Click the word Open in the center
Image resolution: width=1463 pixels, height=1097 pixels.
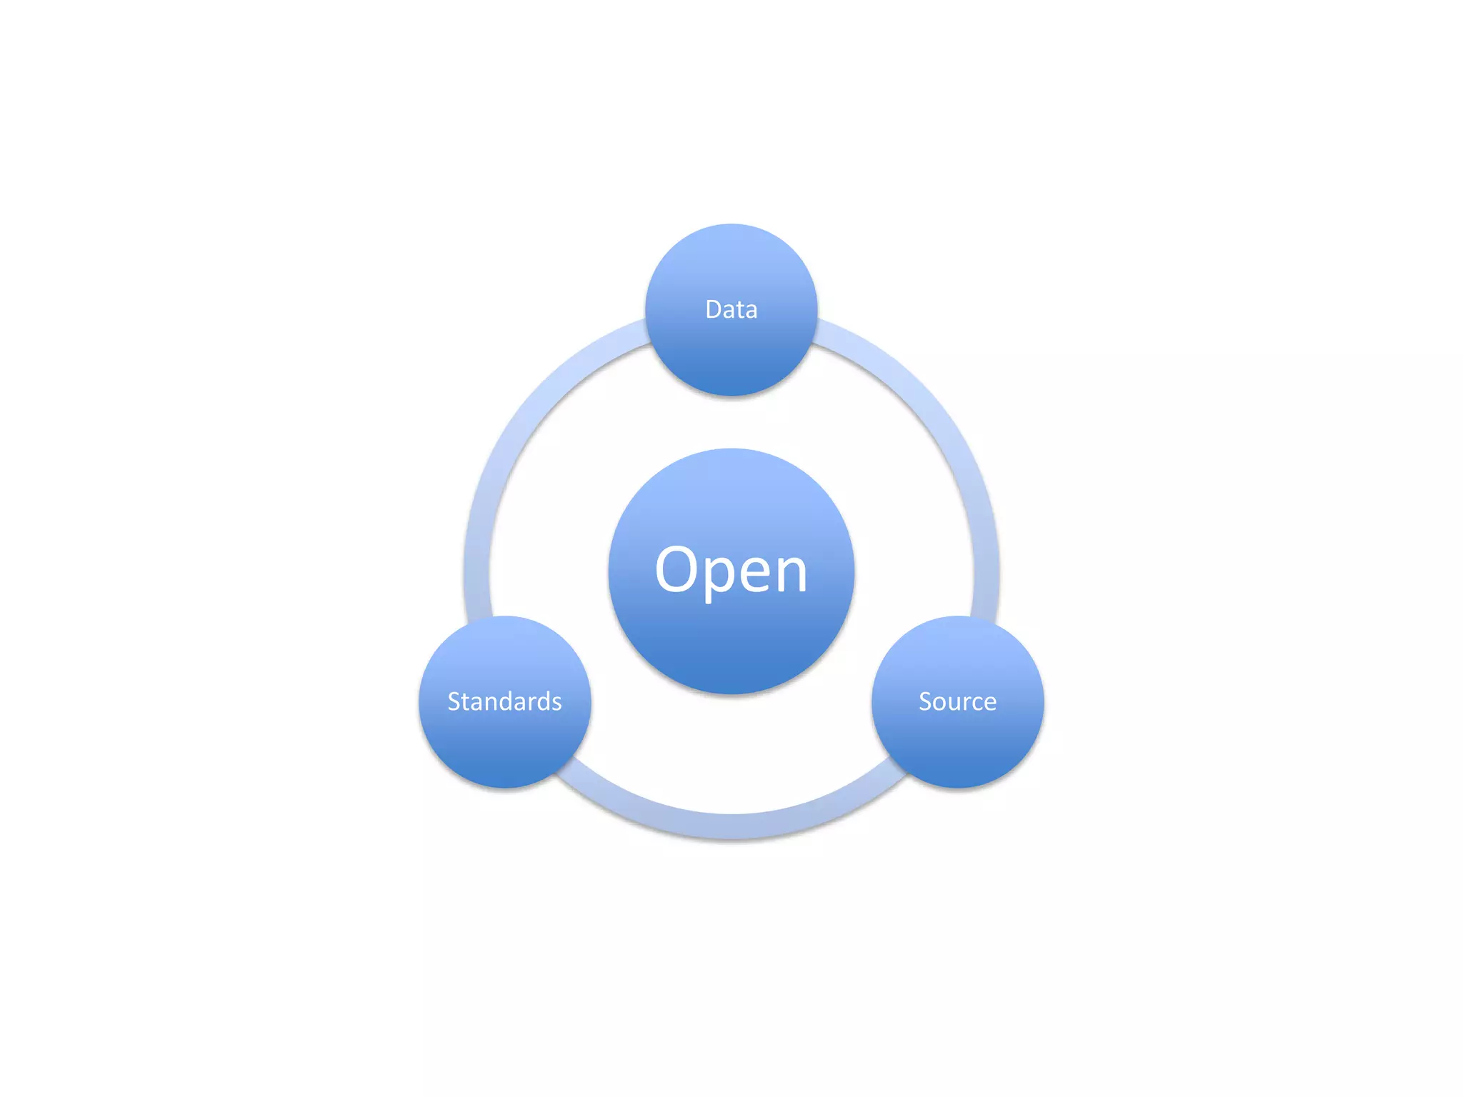pyautogui.click(x=731, y=569)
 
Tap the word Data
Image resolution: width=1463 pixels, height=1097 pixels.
pyautogui.click(x=731, y=309)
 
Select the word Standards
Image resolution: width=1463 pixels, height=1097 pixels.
pyautogui.click(x=504, y=701)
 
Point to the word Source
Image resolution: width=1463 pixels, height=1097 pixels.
pyautogui.click(x=957, y=701)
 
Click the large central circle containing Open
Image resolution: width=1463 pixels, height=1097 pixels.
pyautogui.click(x=731, y=643)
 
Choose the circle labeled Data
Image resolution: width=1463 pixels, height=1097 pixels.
pyautogui.click(x=731, y=357)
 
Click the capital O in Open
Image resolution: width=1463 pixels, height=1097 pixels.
pyautogui.click(x=677, y=569)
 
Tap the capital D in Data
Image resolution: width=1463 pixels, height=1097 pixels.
pyautogui.click(x=713, y=309)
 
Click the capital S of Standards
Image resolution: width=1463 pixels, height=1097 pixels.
pyautogui.click(x=453, y=701)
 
